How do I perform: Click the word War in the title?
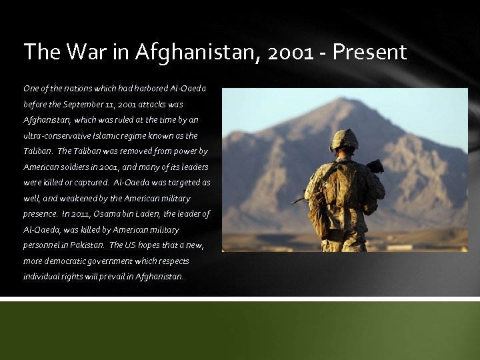pyautogui.click(x=83, y=52)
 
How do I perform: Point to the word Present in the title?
pyautogui.click(x=371, y=52)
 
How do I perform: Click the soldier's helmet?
pyautogui.click(x=345, y=140)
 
